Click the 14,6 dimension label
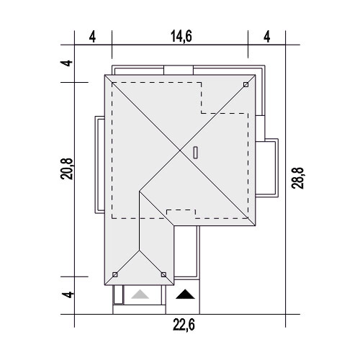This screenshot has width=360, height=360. [x=181, y=37]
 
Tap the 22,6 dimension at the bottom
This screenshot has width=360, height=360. [x=184, y=325]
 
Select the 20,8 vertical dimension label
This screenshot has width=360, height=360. [x=66, y=168]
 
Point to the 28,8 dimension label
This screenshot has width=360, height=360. [x=297, y=178]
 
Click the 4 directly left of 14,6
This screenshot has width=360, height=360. [x=92, y=37]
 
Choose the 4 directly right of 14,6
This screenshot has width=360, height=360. [x=267, y=37]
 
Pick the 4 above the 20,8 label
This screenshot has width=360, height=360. [x=66, y=63]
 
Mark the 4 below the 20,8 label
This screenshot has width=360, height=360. [x=66, y=294]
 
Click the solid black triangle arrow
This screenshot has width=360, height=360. [x=185, y=294]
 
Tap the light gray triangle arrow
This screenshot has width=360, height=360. [x=140, y=294]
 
